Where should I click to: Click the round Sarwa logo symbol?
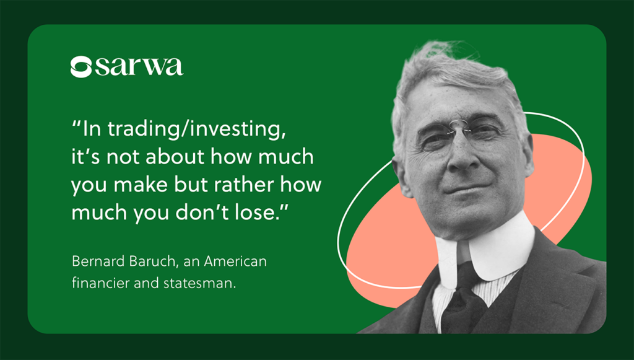(x=81, y=67)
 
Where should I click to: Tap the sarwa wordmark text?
(x=139, y=67)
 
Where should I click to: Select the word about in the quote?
(x=176, y=157)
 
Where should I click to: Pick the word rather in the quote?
(x=245, y=185)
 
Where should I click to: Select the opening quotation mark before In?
(x=76, y=124)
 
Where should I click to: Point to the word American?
(x=235, y=261)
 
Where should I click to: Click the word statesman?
(x=199, y=283)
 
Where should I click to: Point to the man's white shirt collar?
(x=486, y=255)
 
